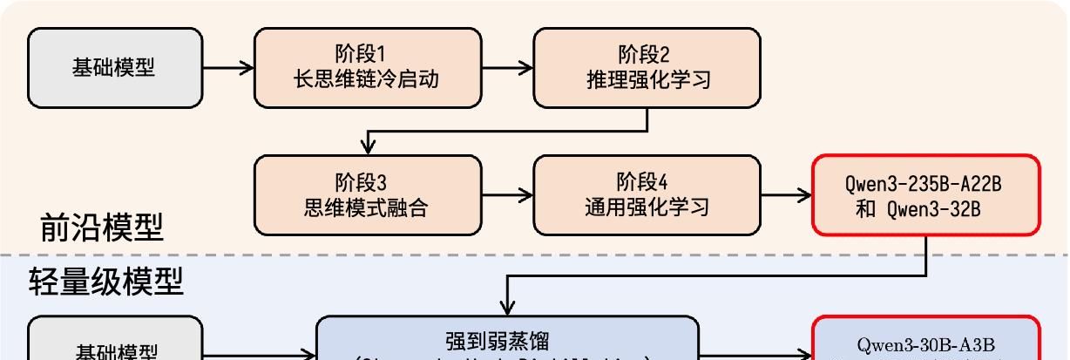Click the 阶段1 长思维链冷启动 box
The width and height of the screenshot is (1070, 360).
pos(367,67)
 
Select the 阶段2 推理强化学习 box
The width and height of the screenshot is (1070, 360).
pos(647,67)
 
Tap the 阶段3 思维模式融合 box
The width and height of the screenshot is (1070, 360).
pos(367,194)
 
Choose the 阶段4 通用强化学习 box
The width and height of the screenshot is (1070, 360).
pos(647,194)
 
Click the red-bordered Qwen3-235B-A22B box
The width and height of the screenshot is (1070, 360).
pos(925,194)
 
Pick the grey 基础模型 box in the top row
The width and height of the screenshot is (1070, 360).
pos(115,67)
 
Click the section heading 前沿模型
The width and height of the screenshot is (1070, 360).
pos(102,228)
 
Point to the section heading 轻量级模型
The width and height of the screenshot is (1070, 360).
pos(106,282)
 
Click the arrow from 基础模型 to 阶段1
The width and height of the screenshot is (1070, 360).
pos(228,67)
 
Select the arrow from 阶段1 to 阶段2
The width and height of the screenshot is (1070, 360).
pos(507,67)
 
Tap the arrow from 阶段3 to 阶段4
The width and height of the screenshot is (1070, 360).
pos(507,195)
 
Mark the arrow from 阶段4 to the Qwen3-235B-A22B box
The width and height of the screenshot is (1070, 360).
pos(786,195)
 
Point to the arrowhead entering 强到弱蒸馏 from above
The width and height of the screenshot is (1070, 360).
pos(508,307)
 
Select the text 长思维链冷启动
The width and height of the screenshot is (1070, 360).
pos(367,80)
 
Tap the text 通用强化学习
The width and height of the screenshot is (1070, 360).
pos(647,207)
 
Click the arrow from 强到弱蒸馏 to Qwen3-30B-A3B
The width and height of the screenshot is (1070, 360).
pos(755,354)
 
